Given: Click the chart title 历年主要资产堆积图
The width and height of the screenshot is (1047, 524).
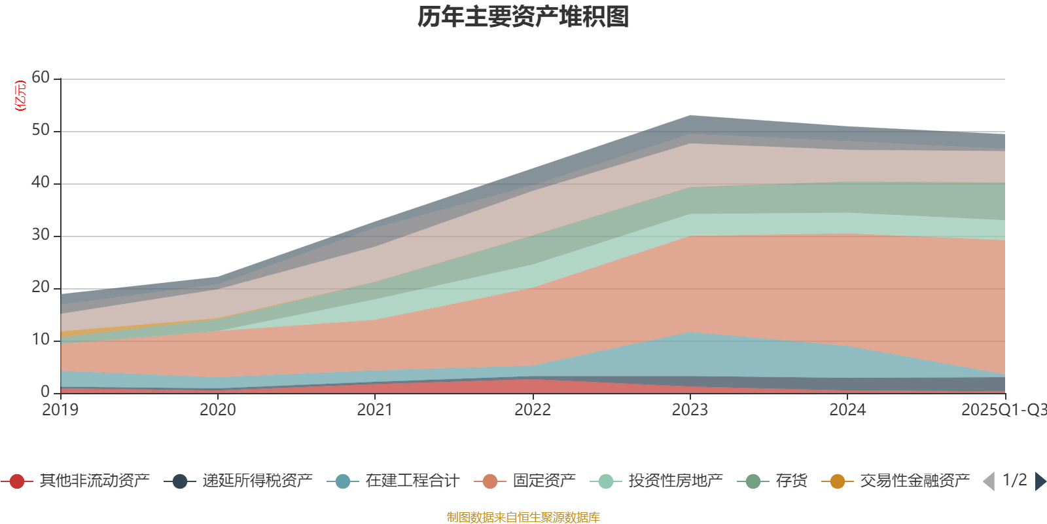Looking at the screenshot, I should pyautogui.click(x=523, y=17).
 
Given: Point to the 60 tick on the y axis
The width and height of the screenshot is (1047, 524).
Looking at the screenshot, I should pyautogui.click(x=41, y=78).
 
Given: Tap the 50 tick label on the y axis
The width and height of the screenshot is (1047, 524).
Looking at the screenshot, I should pyautogui.click(x=41, y=130).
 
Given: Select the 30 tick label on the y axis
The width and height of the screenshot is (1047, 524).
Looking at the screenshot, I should pyautogui.click(x=41, y=235).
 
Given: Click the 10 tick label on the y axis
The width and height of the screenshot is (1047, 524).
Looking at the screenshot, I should pyautogui.click(x=41, y=340).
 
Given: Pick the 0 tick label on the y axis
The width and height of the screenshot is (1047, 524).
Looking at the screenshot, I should pyautogui.click(x=45, y=392).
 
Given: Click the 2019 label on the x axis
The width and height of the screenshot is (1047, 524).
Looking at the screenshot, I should pyautogui.click(x=60, y=410).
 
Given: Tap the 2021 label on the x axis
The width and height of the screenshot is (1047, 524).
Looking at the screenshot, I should pyautogui.click(x=375, y=410).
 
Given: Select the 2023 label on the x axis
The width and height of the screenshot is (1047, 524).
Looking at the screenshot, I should pyautogui.click(x=690, y=410).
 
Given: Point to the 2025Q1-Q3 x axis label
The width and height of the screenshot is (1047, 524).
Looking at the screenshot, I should pyautogui.click(x=1003, y=410).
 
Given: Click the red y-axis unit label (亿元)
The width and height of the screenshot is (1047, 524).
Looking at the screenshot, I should pyautogui.click(x=20, y=96).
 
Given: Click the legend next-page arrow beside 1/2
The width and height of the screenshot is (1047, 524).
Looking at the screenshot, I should pyautogui.click(x=1039, y=481).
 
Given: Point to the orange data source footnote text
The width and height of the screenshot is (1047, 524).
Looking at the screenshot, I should pyautogui.click(x=523, y=517).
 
